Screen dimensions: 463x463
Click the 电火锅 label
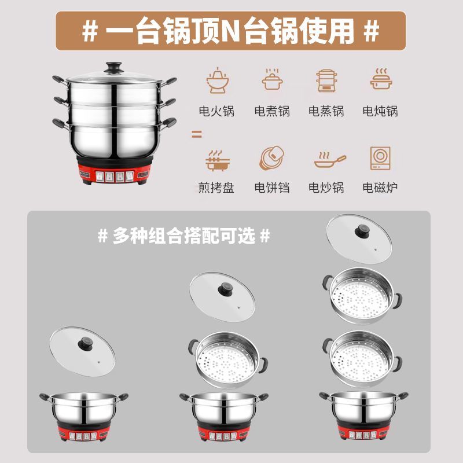(216, 111)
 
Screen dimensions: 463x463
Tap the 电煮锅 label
(272, 111)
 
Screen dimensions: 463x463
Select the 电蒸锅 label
(326, 111)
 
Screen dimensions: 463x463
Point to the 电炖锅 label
(380, 111)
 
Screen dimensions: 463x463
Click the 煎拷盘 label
(216, 187)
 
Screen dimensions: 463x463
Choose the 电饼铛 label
(272, 187)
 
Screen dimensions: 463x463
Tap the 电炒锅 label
(326, 187)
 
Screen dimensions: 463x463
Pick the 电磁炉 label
(380, 187)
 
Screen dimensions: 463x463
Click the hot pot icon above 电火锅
(218, 80)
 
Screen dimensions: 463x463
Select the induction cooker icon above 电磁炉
(380, 158)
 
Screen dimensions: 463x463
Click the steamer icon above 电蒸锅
(326, 80)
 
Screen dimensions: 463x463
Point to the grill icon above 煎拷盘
(218, 161)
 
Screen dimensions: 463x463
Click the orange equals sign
(197, 134)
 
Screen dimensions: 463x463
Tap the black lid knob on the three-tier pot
(114, 68)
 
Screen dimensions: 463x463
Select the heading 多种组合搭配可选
(184, 236)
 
